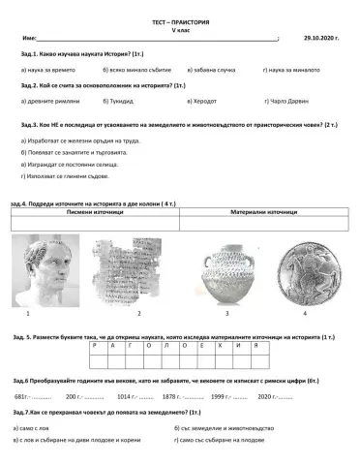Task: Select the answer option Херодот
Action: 199,100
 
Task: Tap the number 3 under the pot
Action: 226,315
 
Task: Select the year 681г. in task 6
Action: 23,396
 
